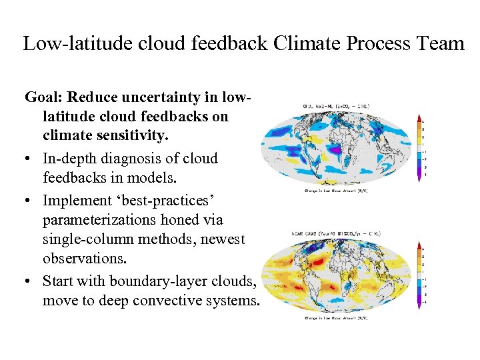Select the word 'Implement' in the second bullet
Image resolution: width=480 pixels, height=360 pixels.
pos(75,200)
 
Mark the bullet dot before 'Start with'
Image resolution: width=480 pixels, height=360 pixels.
pos(30,281)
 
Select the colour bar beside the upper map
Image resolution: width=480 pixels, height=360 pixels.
pos(419,147)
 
